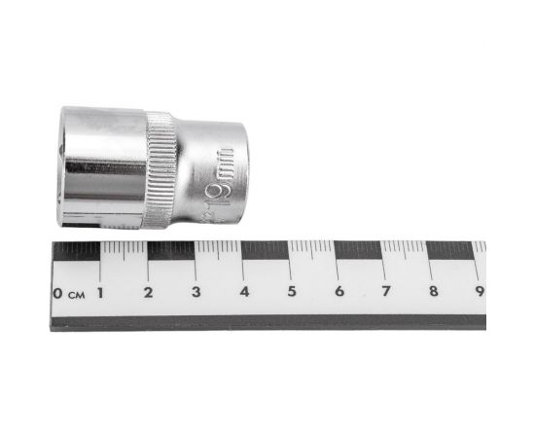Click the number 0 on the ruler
58,292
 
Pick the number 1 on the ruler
101,292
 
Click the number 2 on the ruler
148,292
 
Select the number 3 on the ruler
196,292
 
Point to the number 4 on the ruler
243,292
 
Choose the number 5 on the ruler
291,292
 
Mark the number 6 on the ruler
339,292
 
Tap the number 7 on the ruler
385,292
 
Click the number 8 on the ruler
433,292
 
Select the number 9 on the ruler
479,292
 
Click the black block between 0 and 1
77,251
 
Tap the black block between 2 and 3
171,251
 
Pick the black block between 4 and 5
266,251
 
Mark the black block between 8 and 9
454,251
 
